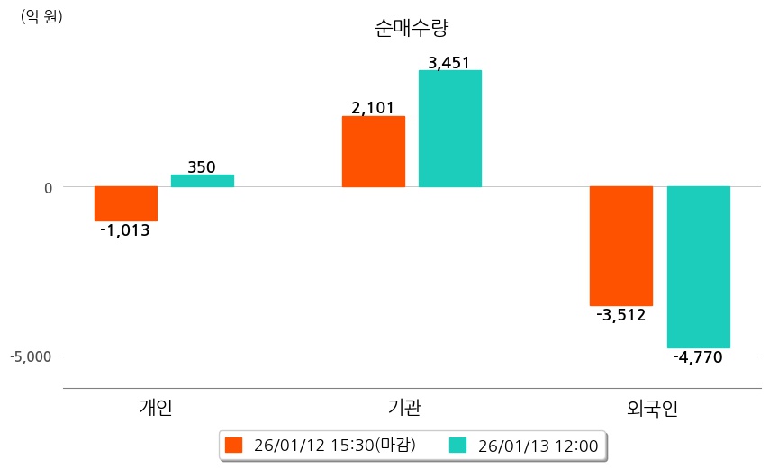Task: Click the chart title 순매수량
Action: pyautogui.click(x=411, y=28)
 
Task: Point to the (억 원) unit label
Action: pyautogui.click(x=41, y=16)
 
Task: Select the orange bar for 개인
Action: pyautogui.click(x=126, y=203)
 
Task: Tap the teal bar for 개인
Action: pyautogui.click(x=203, y=181)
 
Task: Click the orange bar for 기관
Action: pyautogui.click(x=374, y=151)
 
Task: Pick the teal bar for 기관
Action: pyautogui.click(x=450, y=129)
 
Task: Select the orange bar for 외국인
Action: pyautogui.click(x=621, y=246)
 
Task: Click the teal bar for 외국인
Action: pyautogui.click(x=698, y=266)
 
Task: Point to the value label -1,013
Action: pyautogui.click(x=125, y=230)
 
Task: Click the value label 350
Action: pyautogui.click(x=202, y=167)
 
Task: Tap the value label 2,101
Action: pyautogui.click(x=373, y=108)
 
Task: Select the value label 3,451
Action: pyautogui.click(x=449, y=63)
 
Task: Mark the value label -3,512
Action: pyautogui.click(x=621, y=315)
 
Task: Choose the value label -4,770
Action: pyautogui.click(x=698, y=357)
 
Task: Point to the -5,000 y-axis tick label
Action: pyautogui.click(x=32, y=356)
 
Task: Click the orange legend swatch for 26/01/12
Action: pyautogui.click(x=234, y=445)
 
